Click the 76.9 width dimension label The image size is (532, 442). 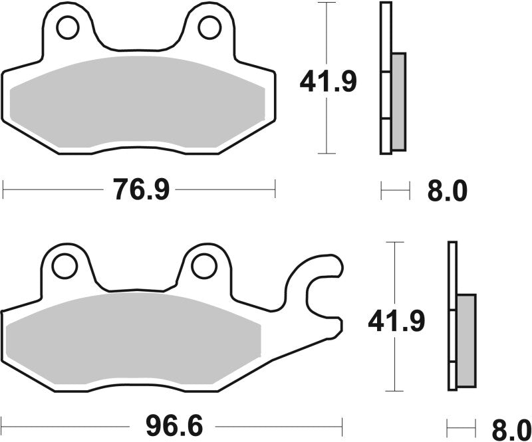click(141, 191)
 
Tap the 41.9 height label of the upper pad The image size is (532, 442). click(328, 82)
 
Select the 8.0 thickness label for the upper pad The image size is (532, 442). click(446, 191)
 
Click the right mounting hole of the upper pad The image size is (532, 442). click(209, 27)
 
